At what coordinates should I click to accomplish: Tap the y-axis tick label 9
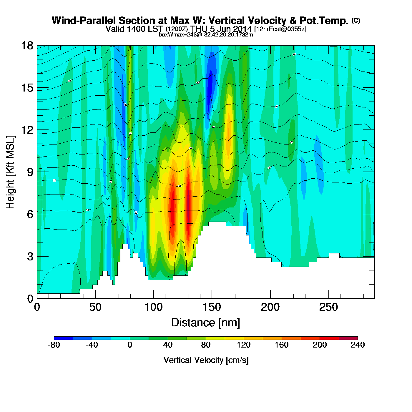pyautogui.click(x=30, y=172)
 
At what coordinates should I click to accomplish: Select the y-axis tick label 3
pyautogui.click(x=30, y=256)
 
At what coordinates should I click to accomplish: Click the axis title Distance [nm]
pyautogui.click(x=206, y=323)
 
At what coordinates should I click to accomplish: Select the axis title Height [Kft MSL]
pyautogui.click(x=10, y=172)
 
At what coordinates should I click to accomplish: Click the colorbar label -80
pyautogui.click(x=54, y=345)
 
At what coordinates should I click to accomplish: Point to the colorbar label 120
pyautogui.click(x=244, y=345)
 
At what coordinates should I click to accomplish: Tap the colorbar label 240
pyautogui.click(x=358, y=345)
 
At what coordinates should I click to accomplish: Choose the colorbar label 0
pyautogui.click(x=130, y=345)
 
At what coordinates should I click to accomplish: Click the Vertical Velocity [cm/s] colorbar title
pyautogui.click(x=206, y=360)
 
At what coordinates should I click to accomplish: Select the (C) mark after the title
pyautogui.click(x=356, y=20)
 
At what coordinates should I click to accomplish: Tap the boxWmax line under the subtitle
pyautogui.click(x=206, y=34)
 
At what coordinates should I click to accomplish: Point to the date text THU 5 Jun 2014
pyautogui.click(x=221, y=29)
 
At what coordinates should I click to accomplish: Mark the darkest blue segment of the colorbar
pyautogui.click(x=63, y=338)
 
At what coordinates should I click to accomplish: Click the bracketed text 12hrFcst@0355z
pyautogui.click(x=280, y=29)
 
